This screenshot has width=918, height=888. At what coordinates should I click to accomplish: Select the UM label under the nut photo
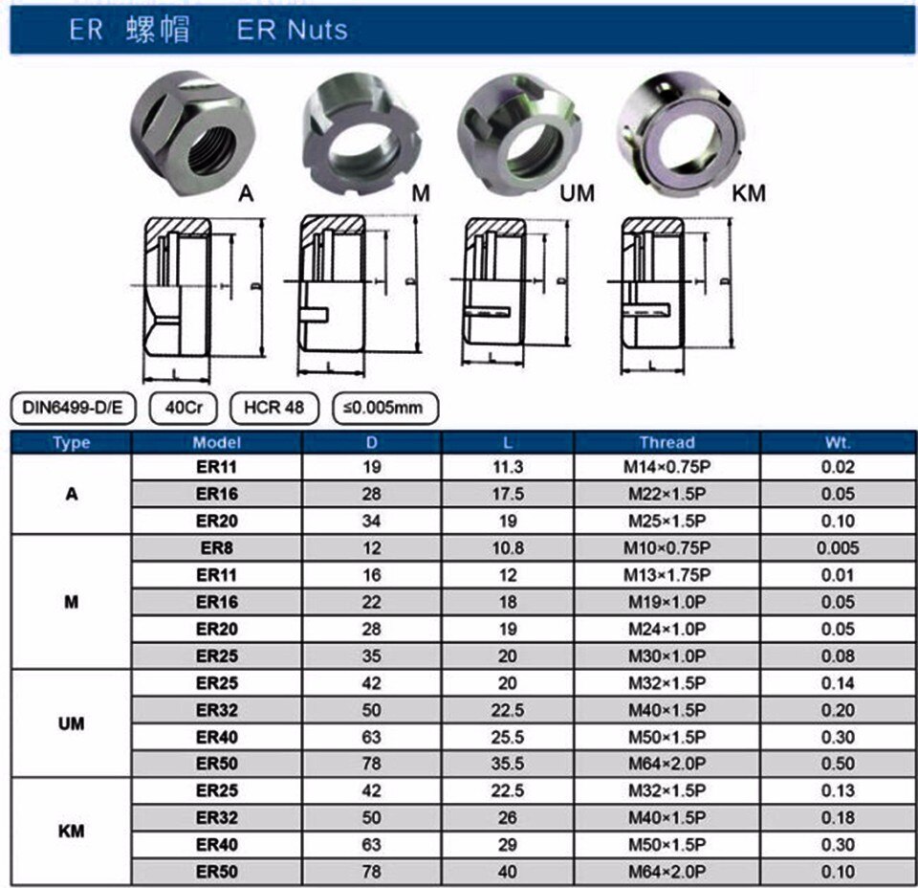pyautogui.click(x=577, y=193)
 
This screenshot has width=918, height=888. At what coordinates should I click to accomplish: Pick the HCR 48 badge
pyautogui.click(x=273, y=408)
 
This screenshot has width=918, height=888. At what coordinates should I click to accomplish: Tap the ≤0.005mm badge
pyautogui.click(x=384, y=408)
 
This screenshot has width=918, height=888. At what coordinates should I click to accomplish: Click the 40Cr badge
pyautogui.click(x=183, y=408)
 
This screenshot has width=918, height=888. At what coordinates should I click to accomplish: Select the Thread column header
pyautogui.click(x=667, y=442)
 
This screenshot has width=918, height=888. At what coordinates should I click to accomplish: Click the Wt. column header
pyautogui.click(x=838, y=442)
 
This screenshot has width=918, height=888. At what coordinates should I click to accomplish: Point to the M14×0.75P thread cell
pyautogui.click(x=667, y=468)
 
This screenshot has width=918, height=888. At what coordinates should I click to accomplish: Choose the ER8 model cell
pyautogui.click(x=216, y=548)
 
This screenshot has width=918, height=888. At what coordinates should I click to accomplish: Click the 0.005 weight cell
pyautogui.click(x=838, y=548)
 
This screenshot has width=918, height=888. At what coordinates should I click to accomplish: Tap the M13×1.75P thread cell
pyautogui.click(x=667, y=575)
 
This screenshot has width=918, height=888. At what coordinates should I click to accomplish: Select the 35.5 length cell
pyautogui.click(x=508, y=765)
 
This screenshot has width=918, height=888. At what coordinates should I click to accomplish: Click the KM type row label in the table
pyautogui.click(x=71, y=831)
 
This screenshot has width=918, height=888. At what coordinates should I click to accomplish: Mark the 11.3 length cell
pyautogui.click(x=508, y=468)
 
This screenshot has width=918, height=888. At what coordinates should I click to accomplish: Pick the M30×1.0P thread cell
pyautogui.click(x=667, y=656)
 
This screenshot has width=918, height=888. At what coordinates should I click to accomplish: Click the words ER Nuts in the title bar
pyautogui.click(x=292, y=31)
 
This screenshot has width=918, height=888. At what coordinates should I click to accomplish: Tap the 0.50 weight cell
pyautogui.click(x=838, y=765)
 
